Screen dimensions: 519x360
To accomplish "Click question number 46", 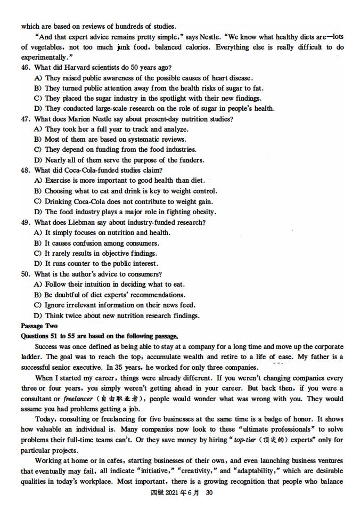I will click(26, 68).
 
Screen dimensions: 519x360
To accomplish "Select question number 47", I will click(26, 119).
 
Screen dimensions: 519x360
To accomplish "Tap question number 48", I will click(26, 171).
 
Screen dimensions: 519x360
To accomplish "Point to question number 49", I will click(26, 222).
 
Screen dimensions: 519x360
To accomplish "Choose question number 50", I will click(26, 274).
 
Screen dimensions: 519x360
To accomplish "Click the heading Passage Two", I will click(39, 326).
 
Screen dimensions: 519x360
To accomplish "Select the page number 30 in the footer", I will click(209, 493).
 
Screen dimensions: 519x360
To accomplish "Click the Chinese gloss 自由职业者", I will click(114, 399).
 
